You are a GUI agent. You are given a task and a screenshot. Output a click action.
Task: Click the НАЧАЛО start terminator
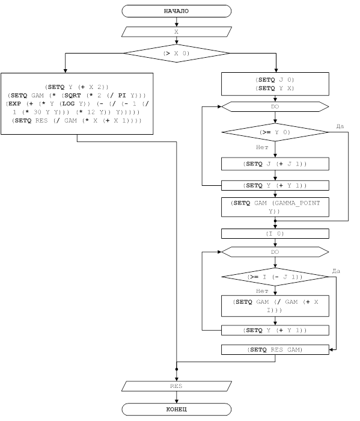pyautogui.click(x=176, y=11)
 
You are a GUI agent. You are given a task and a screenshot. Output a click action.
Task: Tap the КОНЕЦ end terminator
pyautogui.click(x=176, y=409)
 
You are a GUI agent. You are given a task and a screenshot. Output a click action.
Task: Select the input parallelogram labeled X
pyautogui.click(x=176, y=32)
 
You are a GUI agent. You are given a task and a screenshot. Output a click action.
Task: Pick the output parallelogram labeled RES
pyautogui.click(x=176, y=386)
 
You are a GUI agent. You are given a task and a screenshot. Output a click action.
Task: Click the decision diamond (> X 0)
pyautogui.click(x=176, y=53)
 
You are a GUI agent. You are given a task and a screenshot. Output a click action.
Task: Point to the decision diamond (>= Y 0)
pyautogui.click(x=275, y=132)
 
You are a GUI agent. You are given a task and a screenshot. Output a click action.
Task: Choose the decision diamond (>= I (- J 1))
pyautogui.click(x=275, y=277)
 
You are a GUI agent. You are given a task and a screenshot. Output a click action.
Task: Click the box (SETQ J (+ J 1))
pyautogui.click(x=275, y=164)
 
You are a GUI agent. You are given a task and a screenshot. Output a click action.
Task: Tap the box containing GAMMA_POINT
pyautogui.click(x=275, y=207)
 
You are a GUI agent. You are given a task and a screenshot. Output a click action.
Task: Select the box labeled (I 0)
pyautogui.click(x=275, y=233)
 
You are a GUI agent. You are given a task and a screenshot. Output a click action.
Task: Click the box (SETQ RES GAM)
pyautogui.click(x=275, y=349)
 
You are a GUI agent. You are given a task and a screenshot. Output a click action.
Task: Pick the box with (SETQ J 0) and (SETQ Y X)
pyautogui.click(x=275, y=84)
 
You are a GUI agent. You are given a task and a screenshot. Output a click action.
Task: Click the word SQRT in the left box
pyautogui.click(x=73, y=95)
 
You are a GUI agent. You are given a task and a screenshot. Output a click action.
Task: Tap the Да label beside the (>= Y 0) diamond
pyautogui.click(x=340, y=126)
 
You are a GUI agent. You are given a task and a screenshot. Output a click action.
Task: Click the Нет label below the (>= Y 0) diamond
pyautogui.click(x=262, y=147)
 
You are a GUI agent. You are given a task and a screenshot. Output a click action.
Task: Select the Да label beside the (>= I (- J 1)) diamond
pyautogui.click(x=336, y=271)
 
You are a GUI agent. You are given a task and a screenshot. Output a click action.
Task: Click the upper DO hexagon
pyautogui.click(x=275, y=106)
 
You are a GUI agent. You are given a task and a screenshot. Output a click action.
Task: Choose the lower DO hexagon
pyautogui.click(x=275, y=252)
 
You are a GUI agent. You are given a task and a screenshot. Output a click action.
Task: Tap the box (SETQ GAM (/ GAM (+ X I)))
pyautogui.click(x=275, y=306)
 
